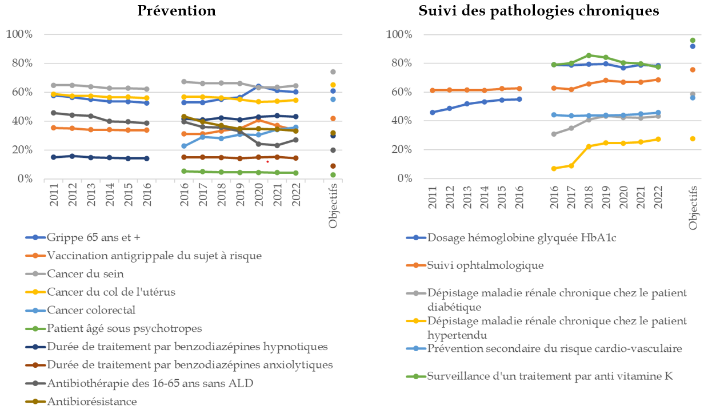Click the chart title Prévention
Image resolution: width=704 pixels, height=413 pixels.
(x=177, y=11)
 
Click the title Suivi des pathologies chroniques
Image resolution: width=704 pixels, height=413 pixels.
(x=539, y=11)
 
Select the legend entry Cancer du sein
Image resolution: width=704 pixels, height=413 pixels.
(x=85, y=273)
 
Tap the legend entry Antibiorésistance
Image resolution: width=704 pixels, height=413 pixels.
(x=92, y=402)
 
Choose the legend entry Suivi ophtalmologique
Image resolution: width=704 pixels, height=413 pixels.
(x=485, y=265)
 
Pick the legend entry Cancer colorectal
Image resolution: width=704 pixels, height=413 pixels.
(x=91, y=310)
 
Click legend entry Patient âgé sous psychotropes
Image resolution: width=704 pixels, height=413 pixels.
(x=125, y=328)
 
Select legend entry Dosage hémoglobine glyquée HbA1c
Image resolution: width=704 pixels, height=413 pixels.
(x=521, y=237)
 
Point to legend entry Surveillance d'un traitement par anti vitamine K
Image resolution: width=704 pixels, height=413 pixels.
(x=550, y=376)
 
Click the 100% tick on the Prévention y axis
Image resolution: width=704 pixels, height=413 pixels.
(x=19, y=34)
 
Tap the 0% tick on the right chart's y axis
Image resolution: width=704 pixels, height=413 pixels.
(x=405, y=178)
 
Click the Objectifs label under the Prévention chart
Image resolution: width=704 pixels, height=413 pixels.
(x=333, y=206)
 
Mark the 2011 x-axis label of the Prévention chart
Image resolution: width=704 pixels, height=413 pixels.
(x=54, y=195)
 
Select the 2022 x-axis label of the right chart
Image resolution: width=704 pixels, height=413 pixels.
(x=658, y=197)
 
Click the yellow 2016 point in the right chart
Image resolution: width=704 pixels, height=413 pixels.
(x=554, y=169)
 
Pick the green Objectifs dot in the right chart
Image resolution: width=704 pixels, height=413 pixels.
(x=693, y=40)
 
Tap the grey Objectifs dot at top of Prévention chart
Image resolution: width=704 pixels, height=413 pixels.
(x=333, y=72)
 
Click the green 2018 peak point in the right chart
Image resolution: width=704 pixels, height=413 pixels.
(x=589, y=55)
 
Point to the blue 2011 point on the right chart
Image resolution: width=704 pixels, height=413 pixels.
(x=433, y=112)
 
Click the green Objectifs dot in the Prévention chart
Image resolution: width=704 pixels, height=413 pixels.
(x=333, y=175)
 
